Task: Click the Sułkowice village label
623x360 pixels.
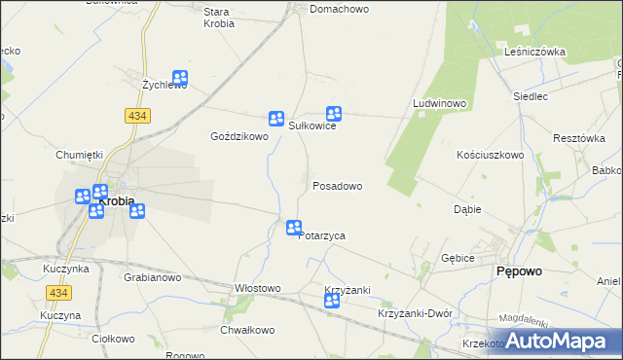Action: click(311, 126)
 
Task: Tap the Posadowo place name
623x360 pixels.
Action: click(337, 186)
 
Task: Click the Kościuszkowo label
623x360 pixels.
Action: click(491, 155)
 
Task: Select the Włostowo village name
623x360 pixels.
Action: click(258, 288)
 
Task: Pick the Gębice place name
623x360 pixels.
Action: click(457, 258)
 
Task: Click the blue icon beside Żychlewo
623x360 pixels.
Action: click(180, 79)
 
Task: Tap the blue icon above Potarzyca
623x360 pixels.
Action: click(294, 228)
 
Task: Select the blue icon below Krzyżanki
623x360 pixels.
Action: click(332, 302)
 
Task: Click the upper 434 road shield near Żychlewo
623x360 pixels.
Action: click(136, 115)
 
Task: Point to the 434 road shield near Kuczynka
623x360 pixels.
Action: click(56, 292)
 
